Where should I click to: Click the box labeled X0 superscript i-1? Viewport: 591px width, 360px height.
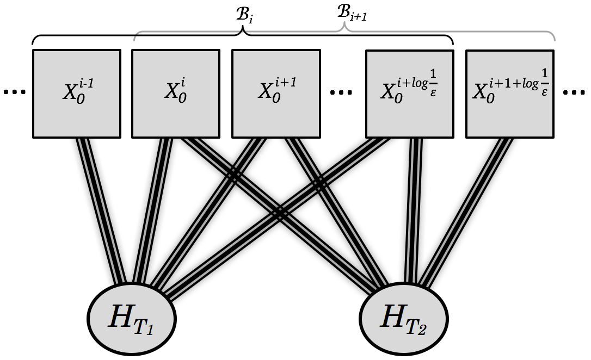pyautogui.click(x=77, y=94)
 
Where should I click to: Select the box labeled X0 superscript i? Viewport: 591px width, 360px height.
pyautogui.click(x=176, y=94)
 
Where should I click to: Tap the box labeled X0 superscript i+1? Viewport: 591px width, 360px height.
pyautogui.click(x=276, y=94)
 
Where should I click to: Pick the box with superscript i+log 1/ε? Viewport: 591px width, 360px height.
pyautogui.click(x=410, y=94)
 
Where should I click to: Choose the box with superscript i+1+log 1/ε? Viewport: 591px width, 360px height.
pyautogui.click(x=510, y=94)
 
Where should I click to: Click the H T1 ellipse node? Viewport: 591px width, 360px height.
pyautogui.click(x=132, y=319)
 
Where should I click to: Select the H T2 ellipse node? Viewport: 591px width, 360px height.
pyautogui.click(x=404, y=319)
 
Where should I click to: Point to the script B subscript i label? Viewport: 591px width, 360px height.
pyautogui.click(x=244, y=15)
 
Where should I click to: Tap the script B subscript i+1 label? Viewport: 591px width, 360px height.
pyautogui.click(x=352, y=14)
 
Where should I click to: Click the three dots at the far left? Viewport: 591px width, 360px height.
pyautogui.click(x=14, y=91)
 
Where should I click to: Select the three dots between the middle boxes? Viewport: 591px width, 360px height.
pyautogui.click(x=341, y=91)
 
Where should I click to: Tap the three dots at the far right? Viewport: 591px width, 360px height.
pyautogui.click(x=574, y=91)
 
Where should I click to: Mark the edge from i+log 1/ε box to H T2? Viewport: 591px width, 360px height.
pyautogui.click(x=414, y=211)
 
